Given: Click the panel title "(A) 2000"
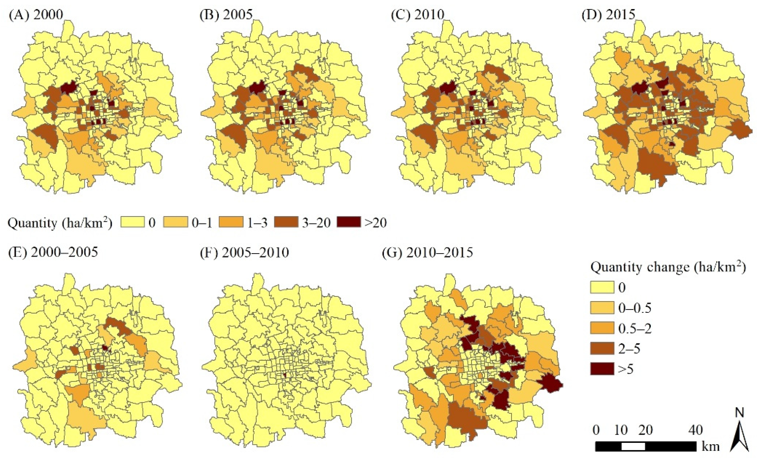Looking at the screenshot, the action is [36, 14].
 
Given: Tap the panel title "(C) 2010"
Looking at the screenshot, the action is [418, 14].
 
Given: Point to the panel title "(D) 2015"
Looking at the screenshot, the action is [608, 14].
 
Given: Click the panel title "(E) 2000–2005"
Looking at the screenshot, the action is [53, 252].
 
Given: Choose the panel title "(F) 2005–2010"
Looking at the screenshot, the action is [244, 252].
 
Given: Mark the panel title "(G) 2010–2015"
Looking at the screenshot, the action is [427, 252].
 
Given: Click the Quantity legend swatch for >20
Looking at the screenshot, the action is [349, 222].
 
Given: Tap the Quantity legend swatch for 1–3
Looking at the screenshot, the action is [231, 222].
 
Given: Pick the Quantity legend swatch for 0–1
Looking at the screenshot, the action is [175, 222].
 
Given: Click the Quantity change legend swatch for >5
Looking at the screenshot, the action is [602, 369].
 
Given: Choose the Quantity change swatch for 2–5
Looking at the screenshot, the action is [602, 349].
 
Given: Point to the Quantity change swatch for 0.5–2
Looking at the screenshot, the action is [602, 328].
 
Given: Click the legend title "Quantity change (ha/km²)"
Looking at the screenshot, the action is [668, 267].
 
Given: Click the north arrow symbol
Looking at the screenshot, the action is [739, 433].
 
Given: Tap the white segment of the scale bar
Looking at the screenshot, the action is [633, 447].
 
